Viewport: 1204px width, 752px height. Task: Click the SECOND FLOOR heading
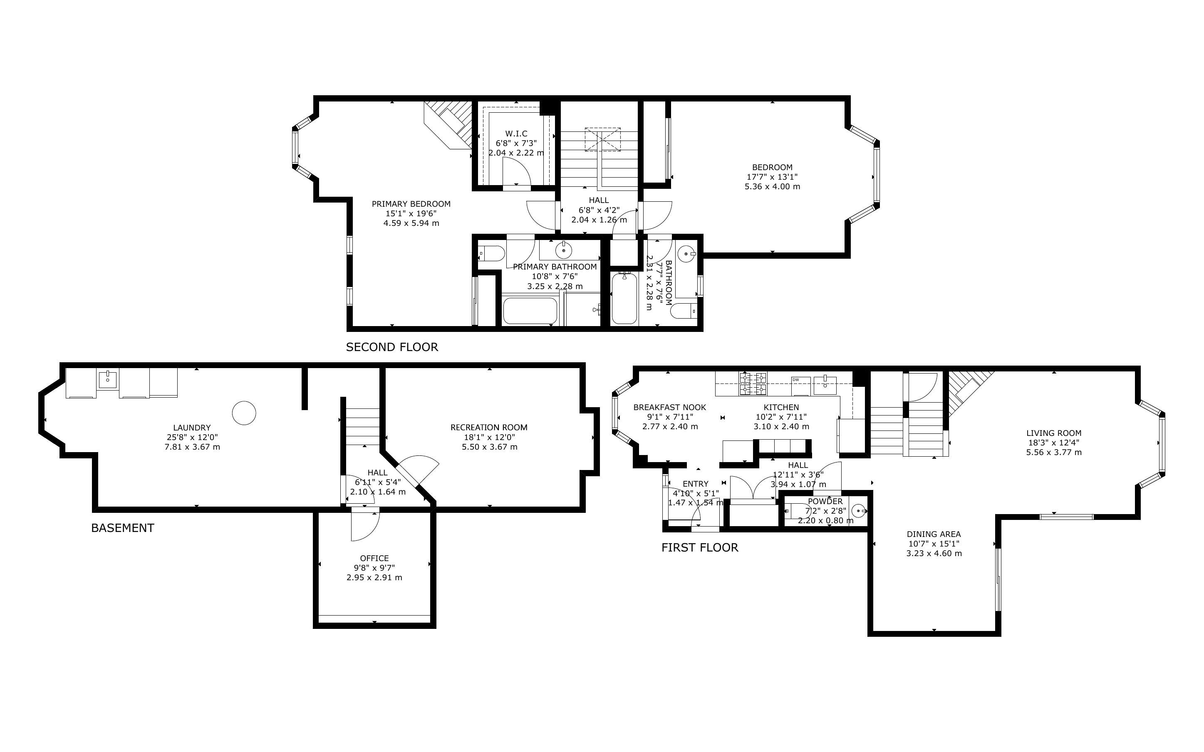point(392,347)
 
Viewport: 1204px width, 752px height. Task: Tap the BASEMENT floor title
point(122,528)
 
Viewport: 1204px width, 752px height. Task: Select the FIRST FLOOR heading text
point(700,548)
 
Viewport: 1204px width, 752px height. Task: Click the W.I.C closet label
point(516,134)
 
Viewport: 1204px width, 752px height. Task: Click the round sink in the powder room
point(859,511)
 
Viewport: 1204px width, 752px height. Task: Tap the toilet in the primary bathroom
point(492,253)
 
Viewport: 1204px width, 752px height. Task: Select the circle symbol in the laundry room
point(244,413)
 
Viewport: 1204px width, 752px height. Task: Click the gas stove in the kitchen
point(753,383)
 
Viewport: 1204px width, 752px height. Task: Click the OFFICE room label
point(374,558)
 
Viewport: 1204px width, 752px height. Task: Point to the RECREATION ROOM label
point(489,427)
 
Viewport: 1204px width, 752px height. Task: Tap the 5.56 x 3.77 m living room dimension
point(1054,453)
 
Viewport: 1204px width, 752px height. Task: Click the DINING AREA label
point(934,534)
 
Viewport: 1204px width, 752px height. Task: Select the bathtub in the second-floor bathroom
point(624,298)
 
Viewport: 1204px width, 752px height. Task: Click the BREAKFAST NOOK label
point(670,407)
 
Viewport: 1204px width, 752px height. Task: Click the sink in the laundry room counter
point(107,379)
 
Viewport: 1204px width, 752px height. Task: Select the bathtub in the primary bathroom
point(530,311)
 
